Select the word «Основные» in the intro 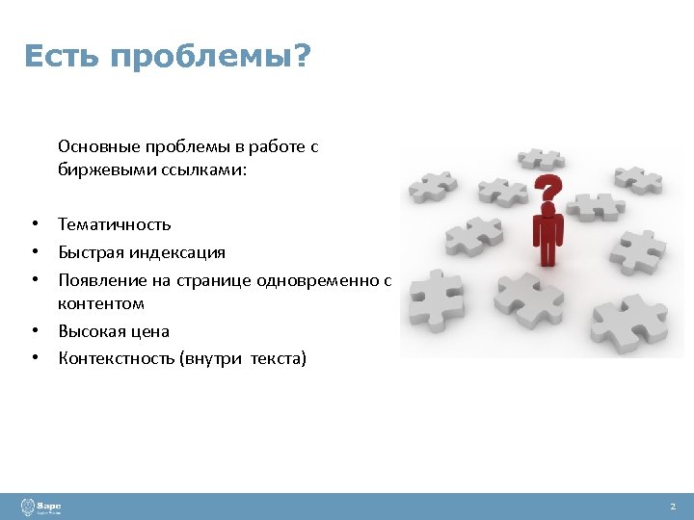coord(98,146)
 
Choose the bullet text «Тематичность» coord(114,224)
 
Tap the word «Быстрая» coord(88,252)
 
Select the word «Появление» coord(96,280)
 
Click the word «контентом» coord(101,303)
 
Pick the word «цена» coord(150,331)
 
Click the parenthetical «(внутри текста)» coord(250,359)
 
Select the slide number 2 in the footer coord(673,507)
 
